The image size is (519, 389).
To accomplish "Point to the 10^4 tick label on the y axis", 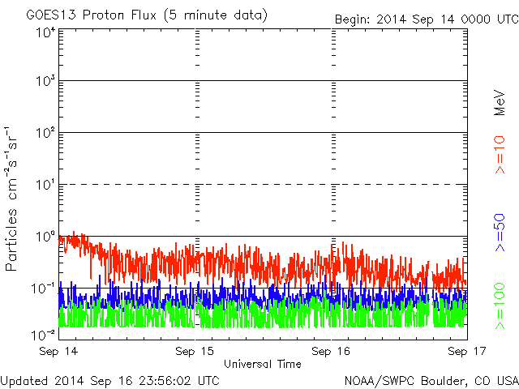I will click(x=44, y=32).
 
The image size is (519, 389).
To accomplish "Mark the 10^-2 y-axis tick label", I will click(x=42, y=334).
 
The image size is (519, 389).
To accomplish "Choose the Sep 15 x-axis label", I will click(x=195, y=353).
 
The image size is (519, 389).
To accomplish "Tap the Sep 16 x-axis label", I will click(x=332, y=353).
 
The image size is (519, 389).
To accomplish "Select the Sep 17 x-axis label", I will click(x=466, y=353).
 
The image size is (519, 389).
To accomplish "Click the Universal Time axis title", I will click(x=263, y=364).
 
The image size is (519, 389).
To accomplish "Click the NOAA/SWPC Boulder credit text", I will click(x=430, y=380).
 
